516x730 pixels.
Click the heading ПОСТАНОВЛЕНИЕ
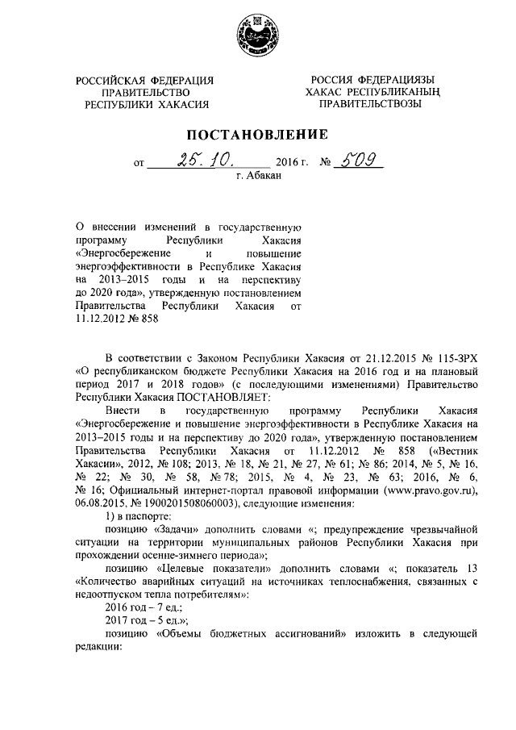pyautogui.click(x=257, y=134)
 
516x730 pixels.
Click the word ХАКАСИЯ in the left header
pyautogui.click(x=179, y=104)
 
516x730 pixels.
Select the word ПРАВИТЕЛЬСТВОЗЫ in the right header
pyautogui.click(x=370, y=104)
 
